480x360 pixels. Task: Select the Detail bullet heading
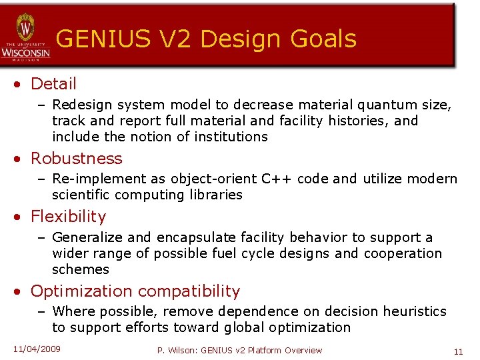click(53, 84)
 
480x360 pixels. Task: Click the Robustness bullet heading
click(76, 159)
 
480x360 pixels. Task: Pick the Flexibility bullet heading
click(68, 217)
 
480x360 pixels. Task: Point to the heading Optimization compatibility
click(135, 291)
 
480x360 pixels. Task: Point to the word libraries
click(213, 195)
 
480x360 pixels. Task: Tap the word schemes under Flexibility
click(80, 269)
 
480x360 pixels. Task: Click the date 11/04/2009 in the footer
click(37, 349)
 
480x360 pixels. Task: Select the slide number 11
click(458, 351)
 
